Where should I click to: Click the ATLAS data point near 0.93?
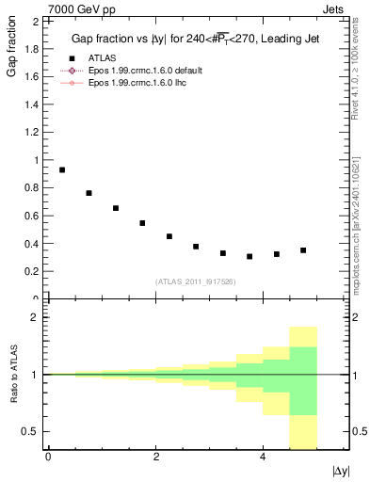62,169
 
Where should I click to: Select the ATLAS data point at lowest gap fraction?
249,256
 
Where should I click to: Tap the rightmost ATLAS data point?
303,250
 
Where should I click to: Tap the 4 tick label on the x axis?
263,457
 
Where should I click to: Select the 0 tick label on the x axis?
48,457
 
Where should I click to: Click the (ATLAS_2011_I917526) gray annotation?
196,281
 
